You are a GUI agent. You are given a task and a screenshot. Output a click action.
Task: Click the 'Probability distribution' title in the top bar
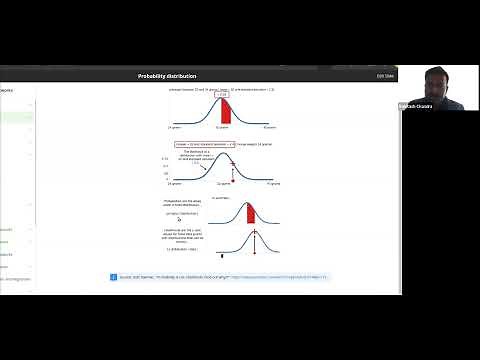[167, 76]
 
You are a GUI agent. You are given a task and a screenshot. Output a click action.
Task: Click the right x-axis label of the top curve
[268, 128]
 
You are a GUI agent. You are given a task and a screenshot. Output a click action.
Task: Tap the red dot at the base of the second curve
[232, 181]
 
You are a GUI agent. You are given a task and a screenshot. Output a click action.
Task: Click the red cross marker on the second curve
[232, 163]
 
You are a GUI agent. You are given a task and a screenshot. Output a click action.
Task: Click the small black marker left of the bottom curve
[221, 256]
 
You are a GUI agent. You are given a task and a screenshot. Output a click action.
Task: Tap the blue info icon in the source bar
[114, 276]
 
